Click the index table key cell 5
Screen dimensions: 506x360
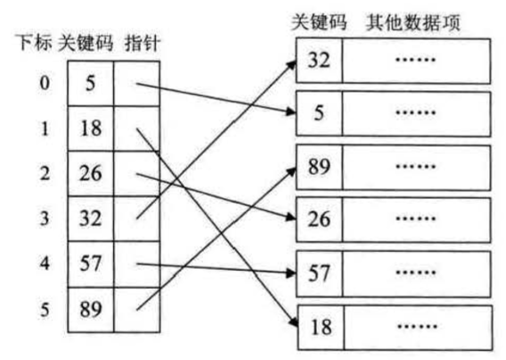[x=90, y=83]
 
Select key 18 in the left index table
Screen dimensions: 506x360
[x=91, y=128]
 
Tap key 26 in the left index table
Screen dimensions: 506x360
[x=91, y=174]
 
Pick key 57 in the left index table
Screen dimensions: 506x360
[x=91, y=263]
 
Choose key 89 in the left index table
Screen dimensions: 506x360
[x=91, y=309]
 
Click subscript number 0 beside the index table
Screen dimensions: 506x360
[x=45, y=83]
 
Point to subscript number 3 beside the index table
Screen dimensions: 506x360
[x=45, y=218]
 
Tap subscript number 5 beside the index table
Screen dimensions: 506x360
[x=45, y=309]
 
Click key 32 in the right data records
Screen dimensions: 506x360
[x=319, y=60]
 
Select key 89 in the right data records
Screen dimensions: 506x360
[x=319, y=167]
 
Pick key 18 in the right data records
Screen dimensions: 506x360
[x=321, y=327]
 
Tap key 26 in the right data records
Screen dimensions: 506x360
[x=319, y=219]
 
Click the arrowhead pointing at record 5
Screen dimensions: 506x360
[x=290, y=111]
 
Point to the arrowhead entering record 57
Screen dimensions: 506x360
[x=290, y=274]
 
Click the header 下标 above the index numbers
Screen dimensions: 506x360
[x=34, y=43]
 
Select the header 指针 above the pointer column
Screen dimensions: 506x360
[x=143, y=44]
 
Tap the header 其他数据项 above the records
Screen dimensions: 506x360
[x=413, y=22]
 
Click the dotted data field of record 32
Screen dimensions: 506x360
[x=416, y=61]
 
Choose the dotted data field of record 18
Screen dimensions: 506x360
[x=418, y=327]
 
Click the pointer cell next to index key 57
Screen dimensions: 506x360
[x=137, y=264]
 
